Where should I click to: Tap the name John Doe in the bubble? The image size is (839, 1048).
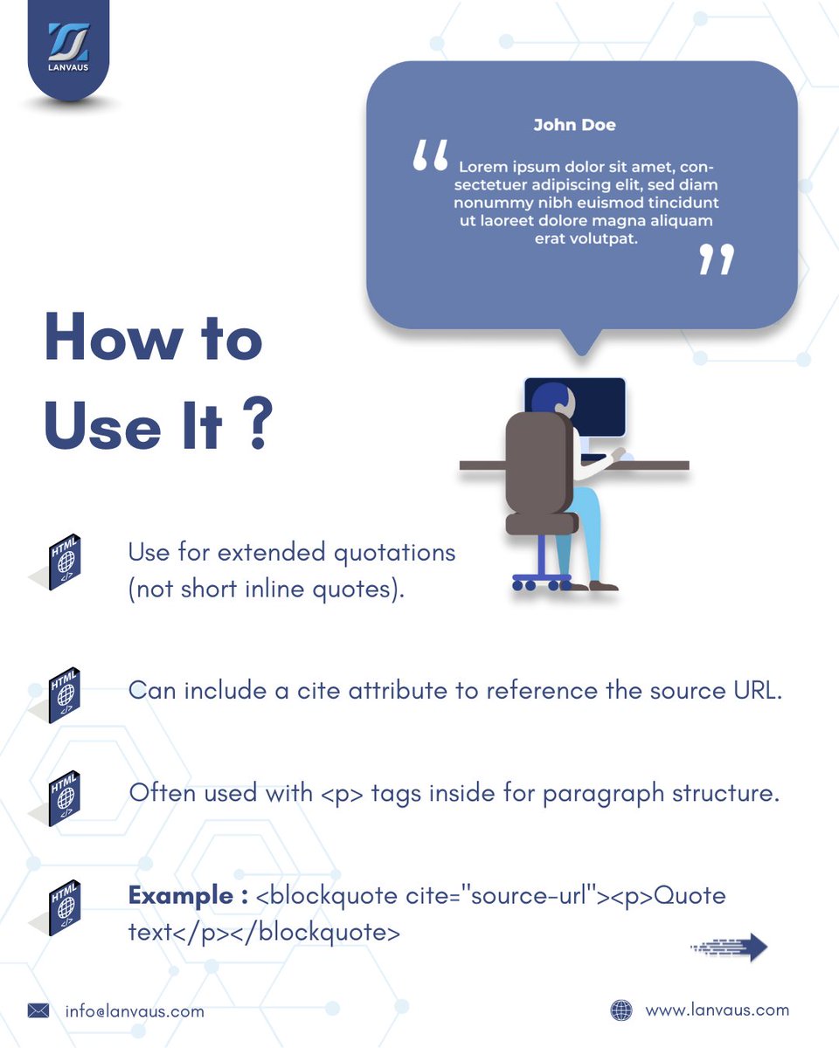(x=574, y=125)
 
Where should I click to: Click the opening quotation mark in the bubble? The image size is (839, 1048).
(x=430, y=156)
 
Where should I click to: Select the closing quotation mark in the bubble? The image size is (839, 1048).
(x=717, y=259)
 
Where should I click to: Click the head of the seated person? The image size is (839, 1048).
(x=551, y=397)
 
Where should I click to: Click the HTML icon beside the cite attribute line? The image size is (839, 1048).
(x=65, y=695)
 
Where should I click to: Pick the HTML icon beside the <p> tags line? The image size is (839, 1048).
(x=65, y=797)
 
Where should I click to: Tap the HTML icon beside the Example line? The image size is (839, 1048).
(x=65, y=907)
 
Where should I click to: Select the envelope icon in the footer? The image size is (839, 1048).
(x=38, y=1010)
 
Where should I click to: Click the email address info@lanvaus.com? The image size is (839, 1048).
(x=135, y=1011)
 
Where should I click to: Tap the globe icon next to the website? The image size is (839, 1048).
(x=621, y=1010)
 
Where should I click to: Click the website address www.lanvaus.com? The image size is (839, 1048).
(x=717, y=1010)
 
